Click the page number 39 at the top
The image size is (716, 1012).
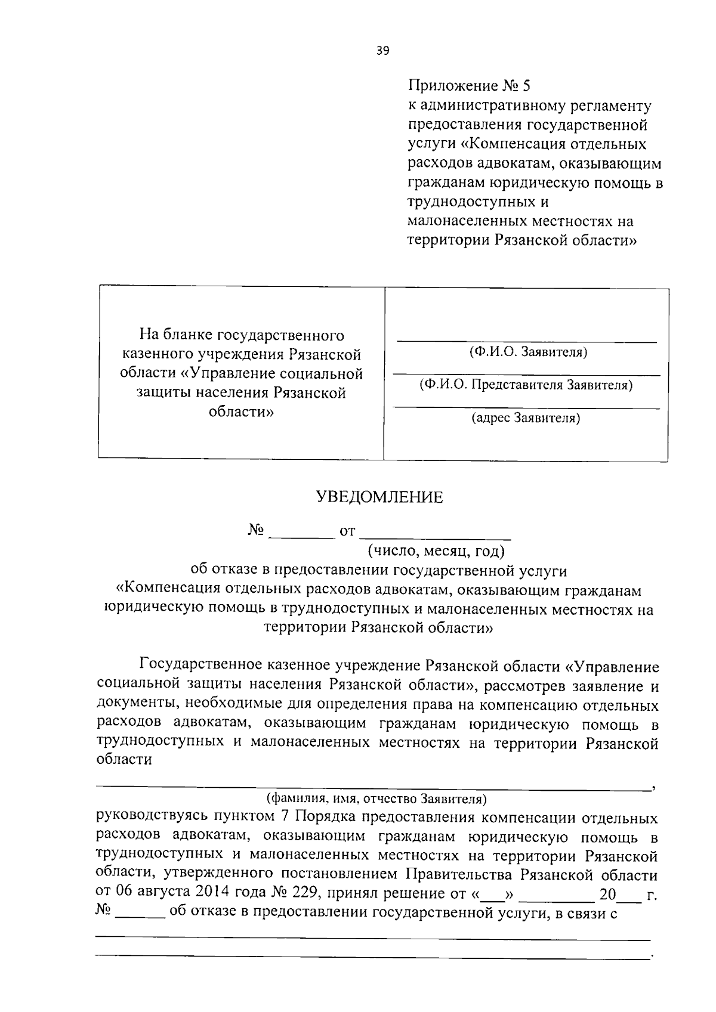click(382, 51)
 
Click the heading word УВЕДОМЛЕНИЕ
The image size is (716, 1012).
click(379, 497)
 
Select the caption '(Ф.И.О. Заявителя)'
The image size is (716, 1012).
click(528, 352)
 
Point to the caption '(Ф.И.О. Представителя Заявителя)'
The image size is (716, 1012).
click(526, 385)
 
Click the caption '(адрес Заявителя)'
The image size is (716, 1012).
click(526, 418)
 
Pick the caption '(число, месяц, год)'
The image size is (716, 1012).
click(436, 549)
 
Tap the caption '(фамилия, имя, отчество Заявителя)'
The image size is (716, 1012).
click(376, 798)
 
